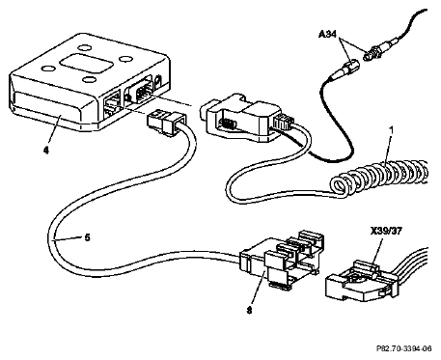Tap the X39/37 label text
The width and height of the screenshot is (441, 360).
(386, 231)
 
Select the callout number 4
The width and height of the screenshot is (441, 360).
(46, 150)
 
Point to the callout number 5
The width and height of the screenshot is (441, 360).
(87, 238)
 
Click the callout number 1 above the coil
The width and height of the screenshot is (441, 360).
(391, 130)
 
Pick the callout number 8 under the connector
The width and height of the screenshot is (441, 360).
(249, 311)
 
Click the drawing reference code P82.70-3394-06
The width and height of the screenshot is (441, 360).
(404, 348)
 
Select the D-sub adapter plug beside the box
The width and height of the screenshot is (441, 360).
(238, 117)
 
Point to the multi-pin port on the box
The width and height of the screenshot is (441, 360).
(141, 91)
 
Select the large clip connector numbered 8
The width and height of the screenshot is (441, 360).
(281, 260)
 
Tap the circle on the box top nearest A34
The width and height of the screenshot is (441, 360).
(125, 59)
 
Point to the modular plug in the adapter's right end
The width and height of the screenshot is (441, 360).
(283, 123)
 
